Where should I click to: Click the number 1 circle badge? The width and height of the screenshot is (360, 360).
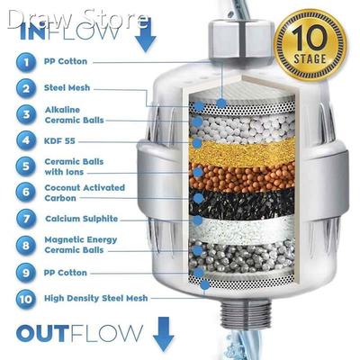coord(27,63)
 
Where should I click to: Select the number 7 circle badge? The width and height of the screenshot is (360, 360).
coord(27,218)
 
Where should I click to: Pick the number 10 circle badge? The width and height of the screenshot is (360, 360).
coord(27,297)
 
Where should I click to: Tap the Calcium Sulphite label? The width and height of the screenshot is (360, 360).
coord(83,218)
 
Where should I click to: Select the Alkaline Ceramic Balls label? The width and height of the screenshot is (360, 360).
coord(76,114)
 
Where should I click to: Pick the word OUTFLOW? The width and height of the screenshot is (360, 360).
coord(78,334)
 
